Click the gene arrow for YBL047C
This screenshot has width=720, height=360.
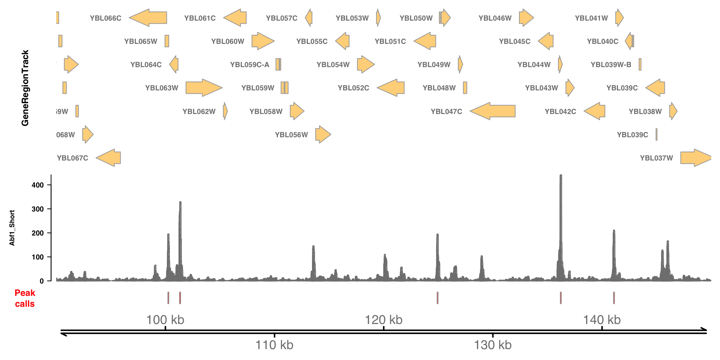point(492,111)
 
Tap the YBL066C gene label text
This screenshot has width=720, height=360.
point(105,18)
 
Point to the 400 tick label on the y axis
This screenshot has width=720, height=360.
point(37,185)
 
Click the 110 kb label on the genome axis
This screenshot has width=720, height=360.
point(274,345)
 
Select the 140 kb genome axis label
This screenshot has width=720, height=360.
point(601,320)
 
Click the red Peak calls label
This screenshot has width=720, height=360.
point(25,298)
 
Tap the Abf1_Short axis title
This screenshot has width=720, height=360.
point(12,228)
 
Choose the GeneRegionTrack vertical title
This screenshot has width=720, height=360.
point(25,88)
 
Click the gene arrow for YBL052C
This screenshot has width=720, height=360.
point(391,88)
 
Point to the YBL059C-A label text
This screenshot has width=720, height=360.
point(249,64)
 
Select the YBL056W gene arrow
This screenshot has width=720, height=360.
point(323,135)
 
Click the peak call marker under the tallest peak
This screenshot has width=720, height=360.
point(561,298)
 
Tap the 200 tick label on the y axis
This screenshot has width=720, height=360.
point(37,233)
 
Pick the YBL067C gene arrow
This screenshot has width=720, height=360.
point(108,158)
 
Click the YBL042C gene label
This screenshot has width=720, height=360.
point(560,111)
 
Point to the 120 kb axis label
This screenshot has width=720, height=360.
point(383,320)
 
